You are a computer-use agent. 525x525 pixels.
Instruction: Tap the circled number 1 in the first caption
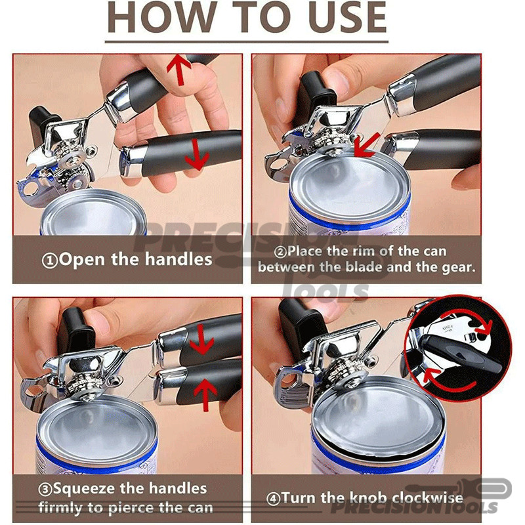(50, 261)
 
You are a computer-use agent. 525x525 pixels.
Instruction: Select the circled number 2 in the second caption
(280, 252)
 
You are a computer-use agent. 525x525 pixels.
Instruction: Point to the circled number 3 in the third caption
(45, 490)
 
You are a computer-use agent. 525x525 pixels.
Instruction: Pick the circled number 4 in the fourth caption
(273, 499)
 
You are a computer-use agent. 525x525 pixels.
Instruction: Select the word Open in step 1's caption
(81, 260)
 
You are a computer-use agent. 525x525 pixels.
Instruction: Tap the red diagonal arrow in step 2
(367, 144)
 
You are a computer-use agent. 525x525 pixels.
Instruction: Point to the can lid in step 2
(350, 187)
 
